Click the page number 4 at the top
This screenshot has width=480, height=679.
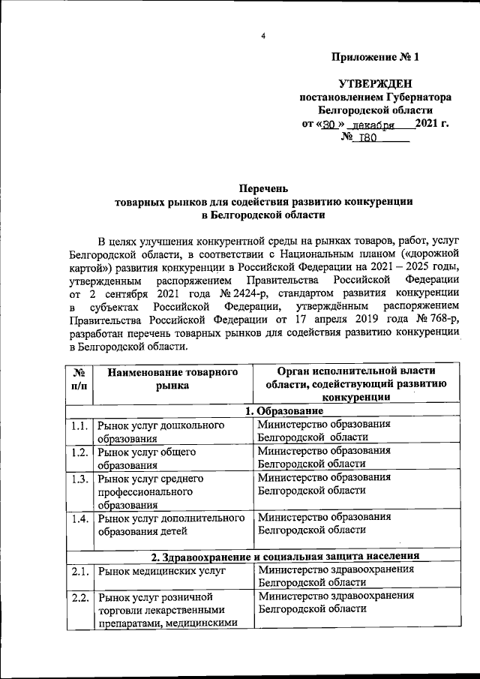click(x=263, y=35)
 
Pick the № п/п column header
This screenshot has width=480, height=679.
click(x=79, y=379)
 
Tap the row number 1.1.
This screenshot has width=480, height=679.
click(x=79, y=425)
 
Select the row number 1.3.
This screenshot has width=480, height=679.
click(x=79, y=478)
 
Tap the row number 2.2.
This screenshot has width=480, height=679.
click(x=79, y=597)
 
